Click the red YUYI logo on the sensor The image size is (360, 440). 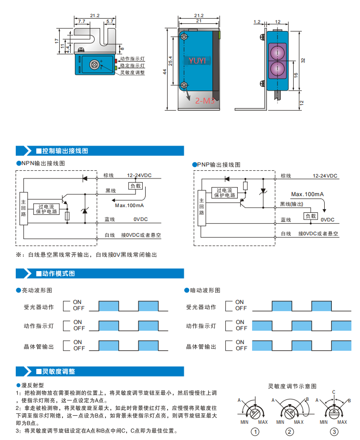[x=197, y=61]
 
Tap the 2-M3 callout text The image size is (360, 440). [x=205, y=101]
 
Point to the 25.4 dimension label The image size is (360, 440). [x=170, y=61]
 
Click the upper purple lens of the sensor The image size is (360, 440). [x=277, y=52]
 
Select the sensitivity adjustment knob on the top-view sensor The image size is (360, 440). [x=94, y=64]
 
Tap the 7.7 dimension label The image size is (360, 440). [x=82, y=21]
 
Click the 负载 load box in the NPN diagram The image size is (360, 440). [x=136, y=186]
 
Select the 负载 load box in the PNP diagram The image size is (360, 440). [x=311, y=216]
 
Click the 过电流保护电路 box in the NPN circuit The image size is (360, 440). [x=47, y=209]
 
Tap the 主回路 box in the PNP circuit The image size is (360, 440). [x=201, y=208]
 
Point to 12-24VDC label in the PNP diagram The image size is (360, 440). [x=325, y=176]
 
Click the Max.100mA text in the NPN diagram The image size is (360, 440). [x=129, y=205]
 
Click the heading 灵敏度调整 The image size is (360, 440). [x=56, y=372]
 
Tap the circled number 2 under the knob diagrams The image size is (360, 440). [x=289, y=432]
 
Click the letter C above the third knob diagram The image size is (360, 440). [x=334, y=392]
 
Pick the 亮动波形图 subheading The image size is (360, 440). [x=37, y=290]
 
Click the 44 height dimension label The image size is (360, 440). [x=165, y=72]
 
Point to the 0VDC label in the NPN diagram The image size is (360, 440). [x=140, y=219]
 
